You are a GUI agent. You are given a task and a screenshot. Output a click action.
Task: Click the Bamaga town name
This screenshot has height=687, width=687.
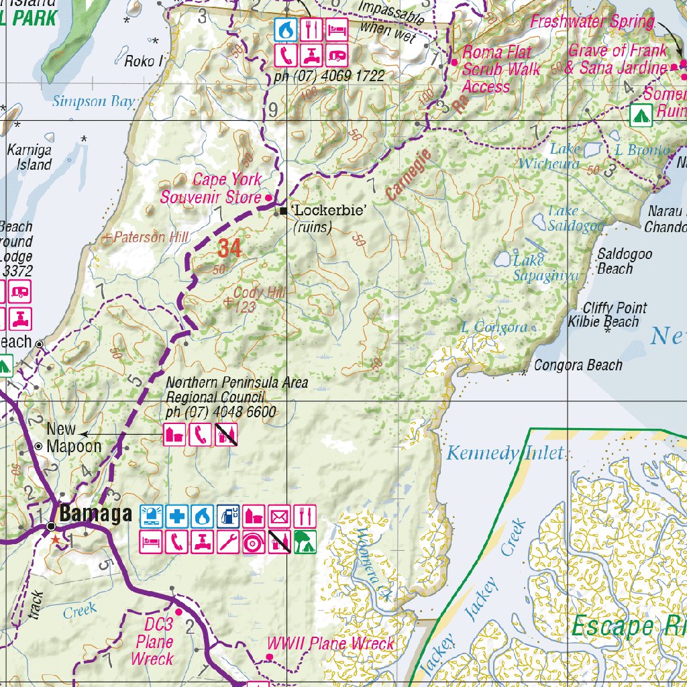pyautogui.click(x=95, y=515)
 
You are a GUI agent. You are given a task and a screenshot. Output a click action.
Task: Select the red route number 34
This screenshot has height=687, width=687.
pyautogui.click(x=229, y=249)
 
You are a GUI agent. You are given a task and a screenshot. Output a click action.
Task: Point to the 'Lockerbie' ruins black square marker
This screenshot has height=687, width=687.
pyautogui.click(x=284, y=211)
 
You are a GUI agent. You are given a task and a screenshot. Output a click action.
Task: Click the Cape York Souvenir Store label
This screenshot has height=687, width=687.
pyautogui.click(x=210, y=189)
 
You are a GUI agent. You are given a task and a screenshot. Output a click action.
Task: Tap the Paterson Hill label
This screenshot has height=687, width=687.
pyautogui.click(x=151, y=237)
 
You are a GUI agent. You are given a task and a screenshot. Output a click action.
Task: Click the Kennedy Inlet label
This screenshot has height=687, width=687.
pyautogui.click(x=505, y=454)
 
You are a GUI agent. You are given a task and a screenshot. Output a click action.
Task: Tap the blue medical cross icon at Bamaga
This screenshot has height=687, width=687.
pyautogui.click(x=178, y=516)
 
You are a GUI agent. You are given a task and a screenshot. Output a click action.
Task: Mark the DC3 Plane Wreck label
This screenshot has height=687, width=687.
pyautogui.click(x=154, y=642)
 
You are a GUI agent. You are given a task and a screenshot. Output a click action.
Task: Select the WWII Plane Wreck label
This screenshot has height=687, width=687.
pyautogui.click(x=331, y=644)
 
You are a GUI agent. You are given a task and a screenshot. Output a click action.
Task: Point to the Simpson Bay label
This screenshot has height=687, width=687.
pyautogui.click(x=94, y=102)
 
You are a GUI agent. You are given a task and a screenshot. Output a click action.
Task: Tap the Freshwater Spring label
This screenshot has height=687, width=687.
pyautogui.click(x=592, y=21)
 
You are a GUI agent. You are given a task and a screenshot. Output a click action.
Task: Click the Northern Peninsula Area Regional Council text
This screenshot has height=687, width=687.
pyautogui.click(x=237, y=390)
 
